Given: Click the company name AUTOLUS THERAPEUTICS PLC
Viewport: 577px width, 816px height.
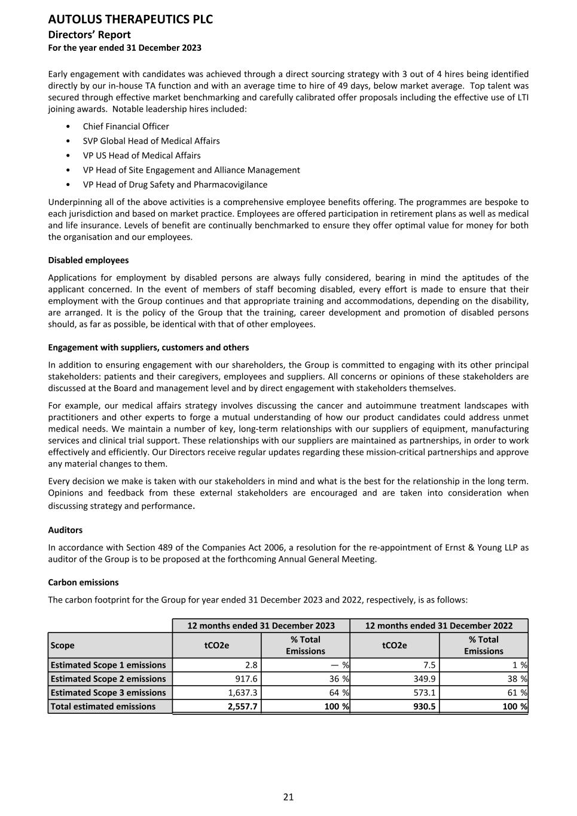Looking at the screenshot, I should click(x=130, y=20).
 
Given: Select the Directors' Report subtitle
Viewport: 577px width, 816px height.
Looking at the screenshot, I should click(x=89, y=35).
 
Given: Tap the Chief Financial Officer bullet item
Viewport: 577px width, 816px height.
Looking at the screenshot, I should click(x=126, y=126).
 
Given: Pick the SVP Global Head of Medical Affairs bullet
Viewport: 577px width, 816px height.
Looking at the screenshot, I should click(x=151, y=141).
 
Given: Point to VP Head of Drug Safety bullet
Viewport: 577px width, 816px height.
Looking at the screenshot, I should click(x=175, y=185).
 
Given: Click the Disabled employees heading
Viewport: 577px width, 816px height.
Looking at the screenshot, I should click(x=88, y=260).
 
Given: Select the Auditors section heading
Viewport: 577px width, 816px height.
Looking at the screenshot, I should click(x=65, y=530).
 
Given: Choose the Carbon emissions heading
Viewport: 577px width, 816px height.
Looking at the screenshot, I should click(x=83, y=582).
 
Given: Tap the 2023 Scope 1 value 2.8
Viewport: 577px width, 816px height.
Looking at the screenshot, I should click(x=251, y=665).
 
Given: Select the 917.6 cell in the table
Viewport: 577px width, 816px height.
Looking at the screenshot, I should click(x=246, y=679).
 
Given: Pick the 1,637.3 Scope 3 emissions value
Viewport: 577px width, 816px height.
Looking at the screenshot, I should click(x=242, y=692).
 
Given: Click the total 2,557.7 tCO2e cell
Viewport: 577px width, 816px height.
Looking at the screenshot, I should click(x=242, y=706).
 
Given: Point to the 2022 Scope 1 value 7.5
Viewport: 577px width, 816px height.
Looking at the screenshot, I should click(x=429, y=665).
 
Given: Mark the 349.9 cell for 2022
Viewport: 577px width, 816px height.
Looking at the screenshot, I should click(x=424, y=679).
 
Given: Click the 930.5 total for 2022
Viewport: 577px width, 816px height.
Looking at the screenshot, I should click(x=424, y=706).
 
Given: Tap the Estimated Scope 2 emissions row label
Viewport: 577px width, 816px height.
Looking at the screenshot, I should click(x=108, y=679).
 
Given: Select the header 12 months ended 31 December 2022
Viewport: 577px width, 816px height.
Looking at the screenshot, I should click(x=438, y=625).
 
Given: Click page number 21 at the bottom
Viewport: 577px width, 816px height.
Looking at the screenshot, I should click(x=288, y=797).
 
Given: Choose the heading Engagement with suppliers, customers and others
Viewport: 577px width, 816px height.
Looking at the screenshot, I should click(x=148, y=347).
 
